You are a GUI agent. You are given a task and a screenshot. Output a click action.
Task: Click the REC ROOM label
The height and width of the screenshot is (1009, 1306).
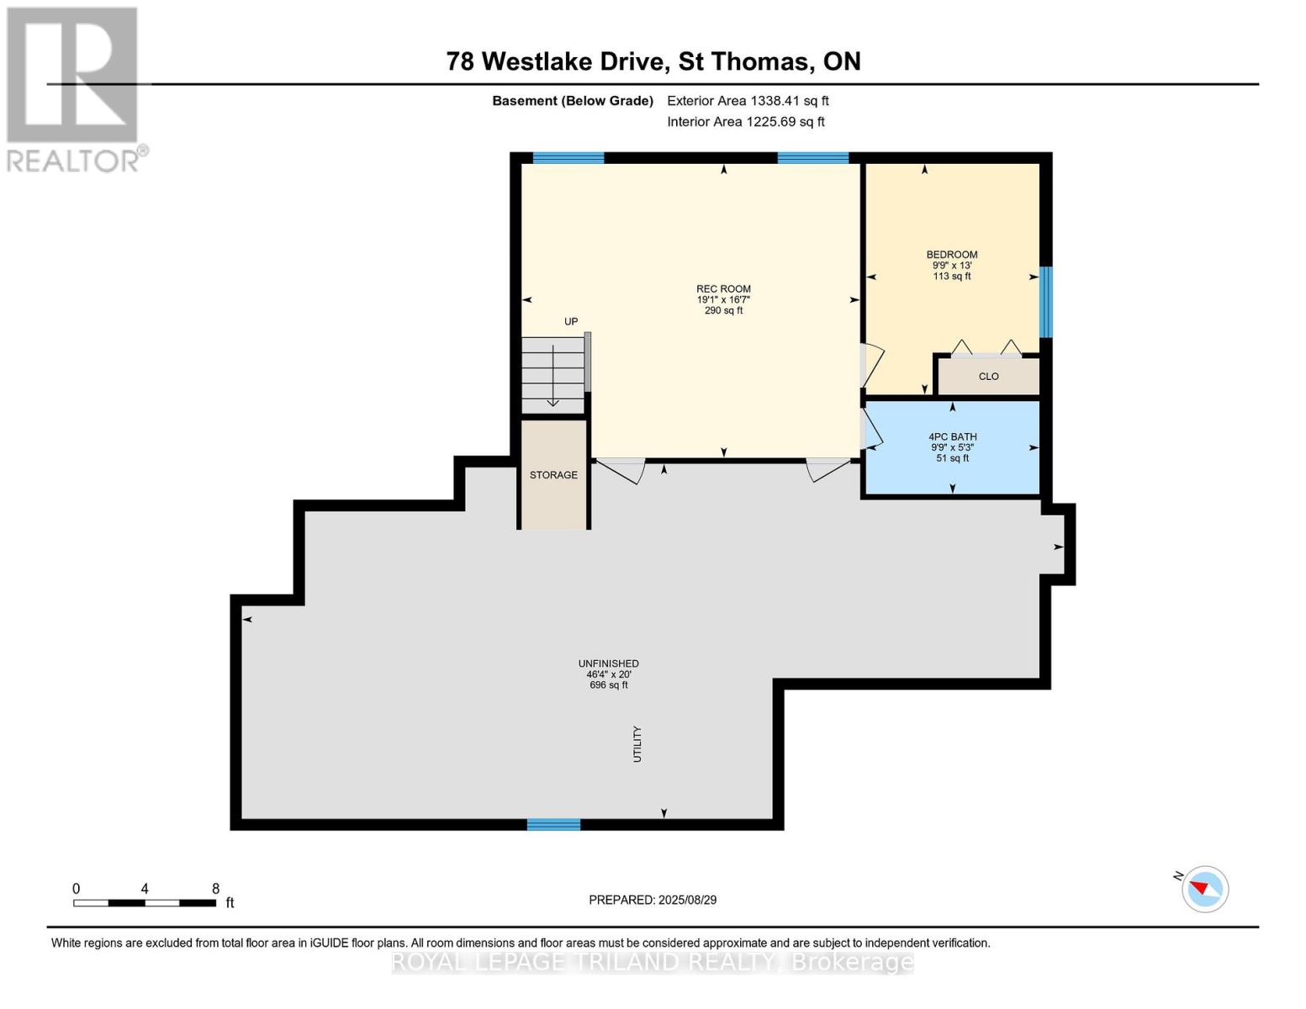coord(723,288)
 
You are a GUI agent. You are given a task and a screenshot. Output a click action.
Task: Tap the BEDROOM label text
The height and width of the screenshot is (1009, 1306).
coord(951,255)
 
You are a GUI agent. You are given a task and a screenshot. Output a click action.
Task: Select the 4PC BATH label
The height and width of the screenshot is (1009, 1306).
coord(952,436)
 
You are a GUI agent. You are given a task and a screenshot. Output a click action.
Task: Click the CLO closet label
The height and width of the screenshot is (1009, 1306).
coord(988,377)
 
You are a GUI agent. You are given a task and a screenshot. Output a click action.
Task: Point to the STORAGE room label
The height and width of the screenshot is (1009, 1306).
coord(553,475)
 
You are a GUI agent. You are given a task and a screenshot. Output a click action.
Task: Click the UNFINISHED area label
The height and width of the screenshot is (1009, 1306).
coord(608,663)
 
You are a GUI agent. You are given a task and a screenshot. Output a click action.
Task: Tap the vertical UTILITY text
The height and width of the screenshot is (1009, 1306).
coord(637,744)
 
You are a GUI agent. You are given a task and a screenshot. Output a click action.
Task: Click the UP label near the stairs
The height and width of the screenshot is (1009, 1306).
coord(571,321)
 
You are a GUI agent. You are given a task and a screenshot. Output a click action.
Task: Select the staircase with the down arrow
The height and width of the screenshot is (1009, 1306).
coord(553,374)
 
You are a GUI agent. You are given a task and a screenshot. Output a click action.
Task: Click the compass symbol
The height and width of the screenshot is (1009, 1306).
coord(1204,889)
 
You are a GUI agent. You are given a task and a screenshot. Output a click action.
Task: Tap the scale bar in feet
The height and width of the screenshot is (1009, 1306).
coord(144,903)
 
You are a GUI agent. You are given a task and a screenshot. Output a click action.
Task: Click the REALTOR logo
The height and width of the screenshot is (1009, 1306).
coord(73,88)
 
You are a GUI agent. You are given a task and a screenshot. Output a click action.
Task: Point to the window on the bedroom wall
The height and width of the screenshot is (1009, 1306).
coord(1046,302)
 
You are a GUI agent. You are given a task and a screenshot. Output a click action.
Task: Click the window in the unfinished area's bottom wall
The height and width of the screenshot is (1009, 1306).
coord(553,825)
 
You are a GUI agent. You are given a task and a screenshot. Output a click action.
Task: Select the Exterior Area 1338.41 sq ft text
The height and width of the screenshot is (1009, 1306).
coord(748,101)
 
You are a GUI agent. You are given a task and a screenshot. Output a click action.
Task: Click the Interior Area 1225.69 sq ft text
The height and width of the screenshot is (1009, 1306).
coord(745,122)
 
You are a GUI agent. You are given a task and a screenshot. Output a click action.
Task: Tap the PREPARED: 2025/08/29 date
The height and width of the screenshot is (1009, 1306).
coord(653,900)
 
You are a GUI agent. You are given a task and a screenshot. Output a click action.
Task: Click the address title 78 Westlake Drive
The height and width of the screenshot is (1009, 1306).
coord(653,61)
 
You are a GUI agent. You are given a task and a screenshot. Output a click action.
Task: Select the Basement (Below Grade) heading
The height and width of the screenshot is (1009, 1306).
coord(572,101)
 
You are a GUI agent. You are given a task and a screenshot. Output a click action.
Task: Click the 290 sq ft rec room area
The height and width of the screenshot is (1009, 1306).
coord(723,310)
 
